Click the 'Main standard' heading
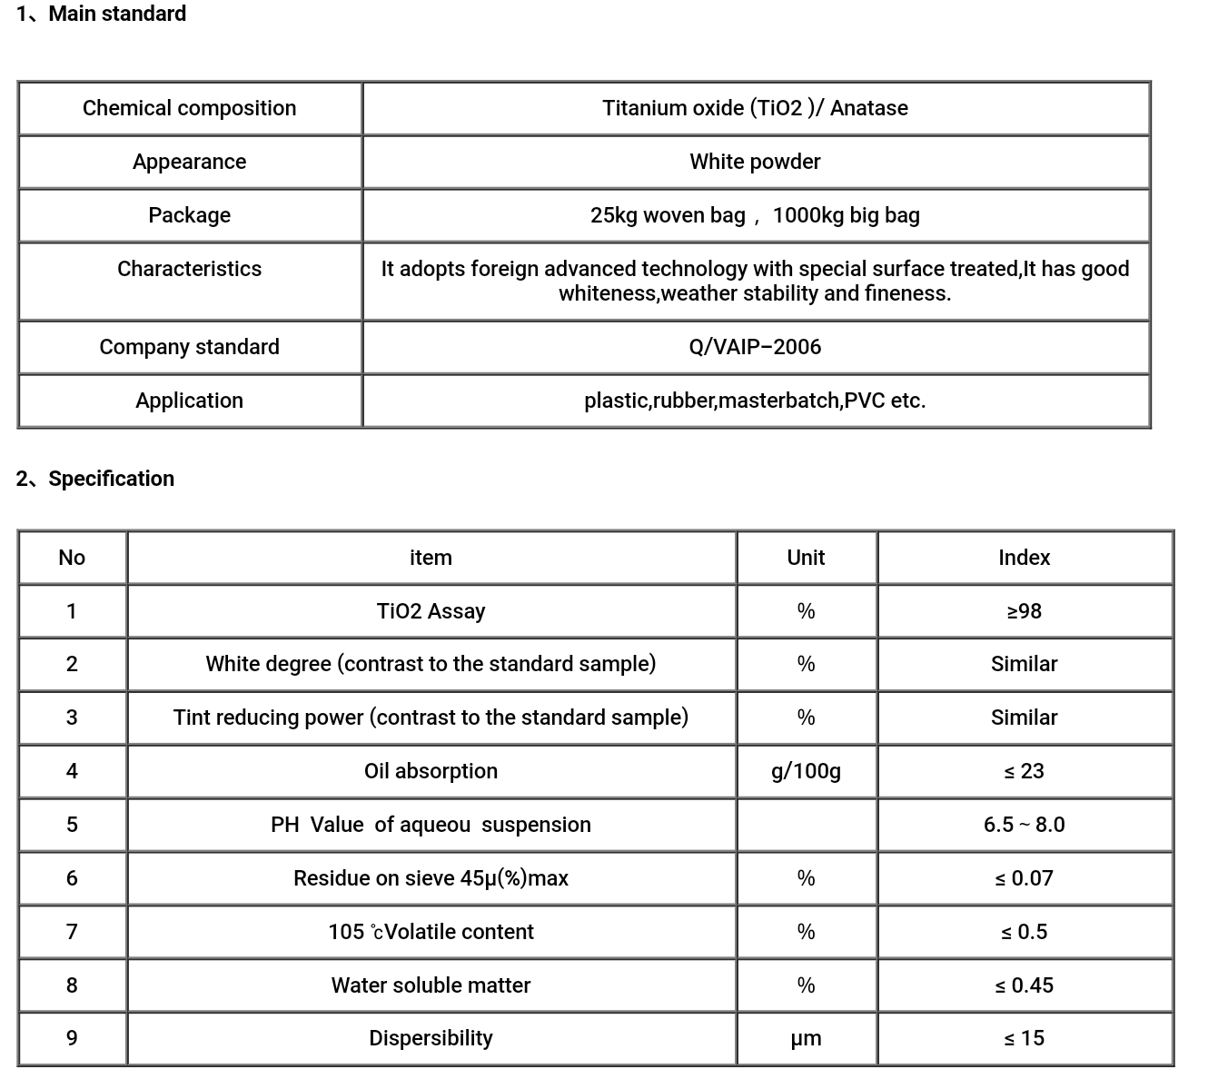[x=116, y=14]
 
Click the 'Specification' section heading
[x=111, y=479]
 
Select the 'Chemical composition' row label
[x=189, y=108]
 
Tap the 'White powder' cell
[x=755, y=162]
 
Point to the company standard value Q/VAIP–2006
[x=755, y=347]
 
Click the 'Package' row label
[x=189, y=215]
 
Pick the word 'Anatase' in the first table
[x=868, y=108]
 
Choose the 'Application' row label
[x=189, y=401]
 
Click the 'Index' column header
[x=1024, y=558]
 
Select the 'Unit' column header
[x=806, y=558]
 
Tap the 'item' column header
[x=431, y=558]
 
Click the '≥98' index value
[x=1024, y=611]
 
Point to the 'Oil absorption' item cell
[x=431, y=771]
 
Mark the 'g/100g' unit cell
[x=806, y=771]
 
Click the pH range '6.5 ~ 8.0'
[x=1024, y=825]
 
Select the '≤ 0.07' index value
[x=1024, y=878]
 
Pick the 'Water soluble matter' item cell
[x=431, y=985]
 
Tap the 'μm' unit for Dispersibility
[x=806, y=1038]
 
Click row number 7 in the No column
[x=72, y=932]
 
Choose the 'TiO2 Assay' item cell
[x=431, y=611]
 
